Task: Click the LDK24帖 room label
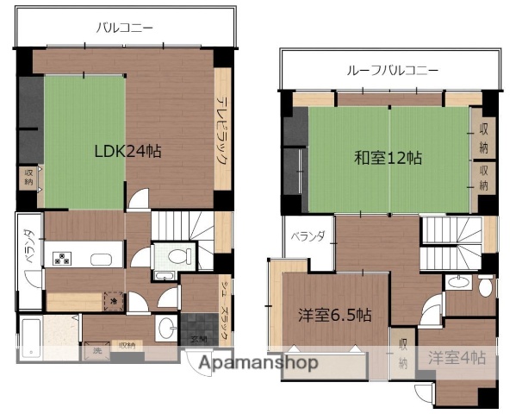point(127,150)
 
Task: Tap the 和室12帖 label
point(389,158)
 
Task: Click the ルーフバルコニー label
point(392,70)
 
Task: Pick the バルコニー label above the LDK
point(125,28)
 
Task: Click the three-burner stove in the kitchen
point(64,257)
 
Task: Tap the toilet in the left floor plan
point(179,256)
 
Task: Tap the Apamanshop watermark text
point(258,363)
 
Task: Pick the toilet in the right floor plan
point(484,285)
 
